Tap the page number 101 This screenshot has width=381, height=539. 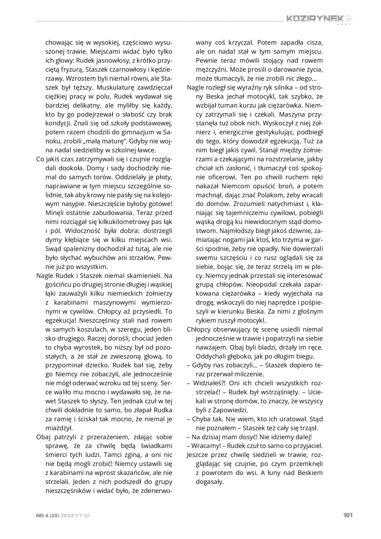click(348, 515)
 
